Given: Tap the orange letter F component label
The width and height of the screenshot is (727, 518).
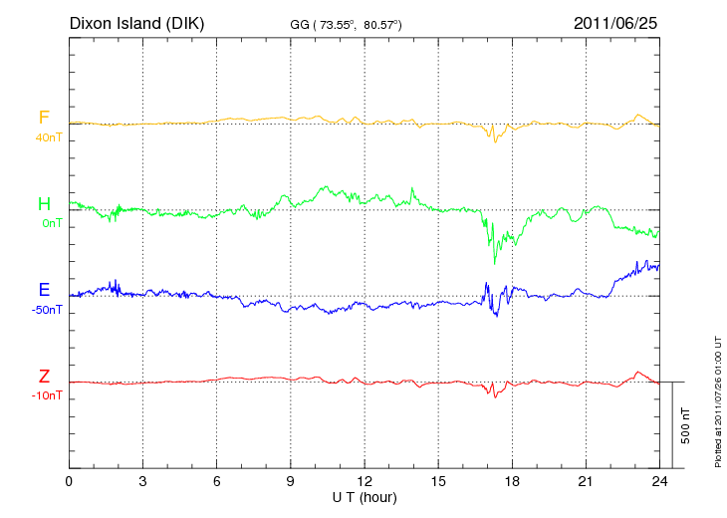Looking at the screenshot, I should pyautogui.click(x=44, y=118).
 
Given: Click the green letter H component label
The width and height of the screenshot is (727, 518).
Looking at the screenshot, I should pyautogui.click(x=44, y=204).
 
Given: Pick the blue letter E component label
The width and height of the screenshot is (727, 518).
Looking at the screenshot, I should pyautogui.click(x=44, y=290).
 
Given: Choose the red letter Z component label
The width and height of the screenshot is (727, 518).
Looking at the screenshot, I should pyautogui.click(x=44, y=376).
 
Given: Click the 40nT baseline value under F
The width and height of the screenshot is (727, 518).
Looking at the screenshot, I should pyautogui.click(x=48, y=137).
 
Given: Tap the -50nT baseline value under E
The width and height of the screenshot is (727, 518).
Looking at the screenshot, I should pyautogui.click(x=48, y=310).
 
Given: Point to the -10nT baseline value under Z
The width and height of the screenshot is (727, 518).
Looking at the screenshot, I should pyautogui.click(x=48, y=395).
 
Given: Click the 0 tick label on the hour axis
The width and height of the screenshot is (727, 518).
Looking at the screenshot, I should pyautogui.click(x=69, y=481).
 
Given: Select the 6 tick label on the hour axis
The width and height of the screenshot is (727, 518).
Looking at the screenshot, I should pyautogui.click(x=217, y=481).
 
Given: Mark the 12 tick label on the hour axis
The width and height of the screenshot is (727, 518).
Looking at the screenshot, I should pyautogui.click(x=364, y=481).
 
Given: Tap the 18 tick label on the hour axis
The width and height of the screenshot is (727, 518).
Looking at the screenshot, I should pyautogui.click(x=512, y=481).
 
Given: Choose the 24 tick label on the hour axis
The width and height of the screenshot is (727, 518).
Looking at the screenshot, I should pyautogui.click(x=659, y=481).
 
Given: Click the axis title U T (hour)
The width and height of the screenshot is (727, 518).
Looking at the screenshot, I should pyautogui.click(x=364, y=496).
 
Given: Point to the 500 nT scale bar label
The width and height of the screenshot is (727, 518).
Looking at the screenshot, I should pyautogui.click(x=686, y=425).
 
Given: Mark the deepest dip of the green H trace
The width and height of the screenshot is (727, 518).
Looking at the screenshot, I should pyautogui.click(x=495, y=262).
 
